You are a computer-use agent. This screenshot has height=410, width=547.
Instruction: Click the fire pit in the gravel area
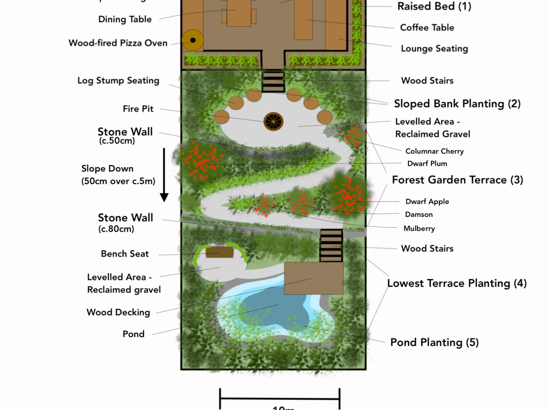pos(273,121)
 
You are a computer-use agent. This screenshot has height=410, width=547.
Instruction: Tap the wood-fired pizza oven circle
pos(192,40)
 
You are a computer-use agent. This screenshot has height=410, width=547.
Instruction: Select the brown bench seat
pos(219,252)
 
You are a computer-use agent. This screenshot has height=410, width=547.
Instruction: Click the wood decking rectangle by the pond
pos(314,278)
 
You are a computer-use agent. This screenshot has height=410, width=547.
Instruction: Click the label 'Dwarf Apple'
pos(427,201)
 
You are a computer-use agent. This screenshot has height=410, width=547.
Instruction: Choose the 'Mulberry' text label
pos(419,228)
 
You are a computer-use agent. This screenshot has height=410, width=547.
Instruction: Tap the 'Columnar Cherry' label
pos(434,151)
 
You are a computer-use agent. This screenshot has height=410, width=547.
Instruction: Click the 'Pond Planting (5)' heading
pos(434,343)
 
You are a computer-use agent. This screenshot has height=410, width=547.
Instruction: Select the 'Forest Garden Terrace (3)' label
pos(457,180)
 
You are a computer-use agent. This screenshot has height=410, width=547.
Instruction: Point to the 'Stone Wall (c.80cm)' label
pos(125,222)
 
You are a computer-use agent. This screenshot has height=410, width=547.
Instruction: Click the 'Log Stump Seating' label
pos(118,81)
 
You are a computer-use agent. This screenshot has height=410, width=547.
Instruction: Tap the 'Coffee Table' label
pos(427,27)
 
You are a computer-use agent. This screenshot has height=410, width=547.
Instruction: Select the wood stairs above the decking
pos(331,246)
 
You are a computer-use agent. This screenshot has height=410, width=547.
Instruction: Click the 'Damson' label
pos(419,215)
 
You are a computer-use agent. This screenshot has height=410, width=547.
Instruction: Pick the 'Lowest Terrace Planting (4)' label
pos(457,283)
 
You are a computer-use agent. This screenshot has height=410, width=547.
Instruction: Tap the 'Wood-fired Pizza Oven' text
pos(118,43)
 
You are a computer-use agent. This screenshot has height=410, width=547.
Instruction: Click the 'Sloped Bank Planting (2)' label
pos(457,104)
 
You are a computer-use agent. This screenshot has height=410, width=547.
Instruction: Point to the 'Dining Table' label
pos(125,19)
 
